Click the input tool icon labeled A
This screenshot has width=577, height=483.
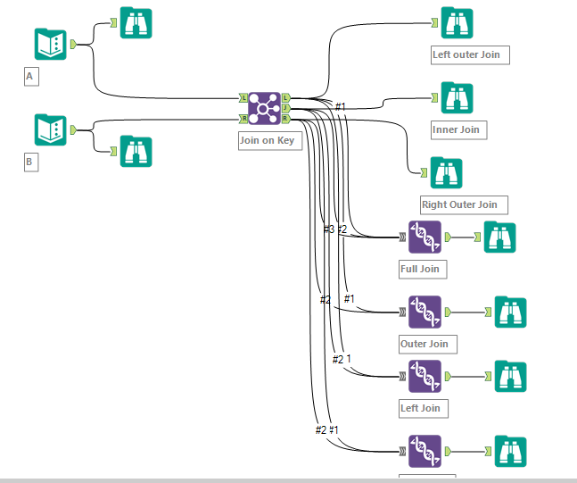pos(51,44)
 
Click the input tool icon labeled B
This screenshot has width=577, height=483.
pos(51,129)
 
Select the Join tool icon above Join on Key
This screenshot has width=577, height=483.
pos(264,108)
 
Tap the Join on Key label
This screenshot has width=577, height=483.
pos(270,140)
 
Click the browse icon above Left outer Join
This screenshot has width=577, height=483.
pos(457,23)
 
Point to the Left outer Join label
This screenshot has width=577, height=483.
pos(466,54)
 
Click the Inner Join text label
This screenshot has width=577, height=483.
pos(456,129)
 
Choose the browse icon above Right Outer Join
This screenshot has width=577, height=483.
pos(446,172)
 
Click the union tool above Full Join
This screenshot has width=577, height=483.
pos(425,237)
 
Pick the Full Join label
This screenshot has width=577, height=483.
pos(419,268)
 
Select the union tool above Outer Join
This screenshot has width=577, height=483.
pos(425,312)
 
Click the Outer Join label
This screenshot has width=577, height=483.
pos(424,344)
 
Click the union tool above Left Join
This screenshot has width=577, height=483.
pos(425,376)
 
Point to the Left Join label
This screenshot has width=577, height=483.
pos(420,408)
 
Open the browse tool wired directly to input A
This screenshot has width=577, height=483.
pos(136,23)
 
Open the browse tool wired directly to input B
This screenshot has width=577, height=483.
pos(136,152)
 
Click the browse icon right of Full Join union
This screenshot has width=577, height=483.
pos(500,237)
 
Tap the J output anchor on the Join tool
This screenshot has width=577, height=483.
pos(285,108)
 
